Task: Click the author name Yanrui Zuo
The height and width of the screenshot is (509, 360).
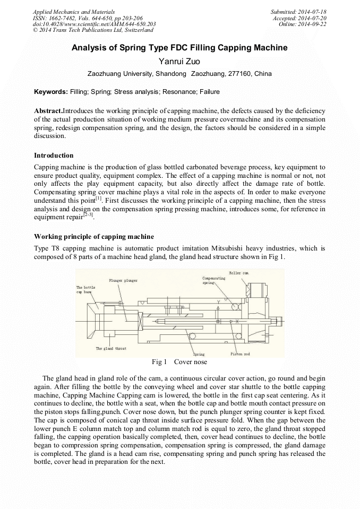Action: (x=179, y=62)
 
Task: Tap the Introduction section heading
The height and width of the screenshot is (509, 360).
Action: (x=54, y=156)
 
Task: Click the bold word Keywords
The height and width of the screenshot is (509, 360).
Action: (x=50, y=92)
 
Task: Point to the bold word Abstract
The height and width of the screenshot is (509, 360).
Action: (x=48, y=110)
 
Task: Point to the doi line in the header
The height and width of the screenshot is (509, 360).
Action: (x=94, y=24)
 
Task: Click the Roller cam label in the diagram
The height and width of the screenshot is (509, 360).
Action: (x=238, y=273)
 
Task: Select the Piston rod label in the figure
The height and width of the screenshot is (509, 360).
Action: (x=240, y=354)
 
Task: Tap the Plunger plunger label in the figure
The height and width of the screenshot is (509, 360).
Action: (x=123, y=280)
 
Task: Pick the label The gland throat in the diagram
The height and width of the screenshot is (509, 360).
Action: (x=111, y=349)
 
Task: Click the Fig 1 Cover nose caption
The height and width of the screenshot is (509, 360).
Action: (x=179, y=362)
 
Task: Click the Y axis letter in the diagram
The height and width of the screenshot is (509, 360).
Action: (x=218, y=301)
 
